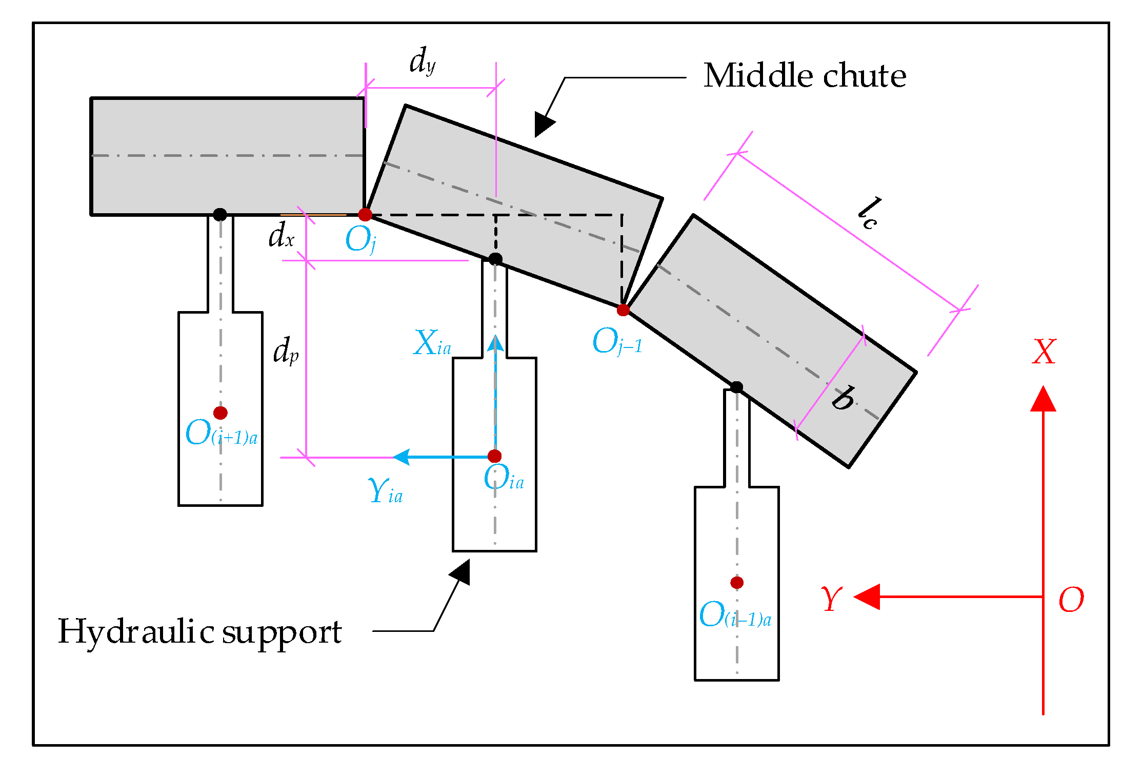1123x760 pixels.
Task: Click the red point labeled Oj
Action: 365,214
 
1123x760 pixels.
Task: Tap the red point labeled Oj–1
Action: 623,310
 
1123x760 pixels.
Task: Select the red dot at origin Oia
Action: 494,456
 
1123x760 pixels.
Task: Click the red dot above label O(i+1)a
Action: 220,413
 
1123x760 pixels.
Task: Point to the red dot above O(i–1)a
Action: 737,582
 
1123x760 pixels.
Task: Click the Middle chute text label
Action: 804,76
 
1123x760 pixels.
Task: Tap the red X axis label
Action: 1044,352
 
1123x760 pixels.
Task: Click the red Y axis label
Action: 831,599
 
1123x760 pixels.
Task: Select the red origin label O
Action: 1071,600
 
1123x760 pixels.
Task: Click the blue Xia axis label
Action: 432,343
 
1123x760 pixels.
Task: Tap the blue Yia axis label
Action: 385,491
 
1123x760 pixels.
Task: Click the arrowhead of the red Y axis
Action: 866,597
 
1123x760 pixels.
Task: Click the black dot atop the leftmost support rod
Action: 220,214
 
